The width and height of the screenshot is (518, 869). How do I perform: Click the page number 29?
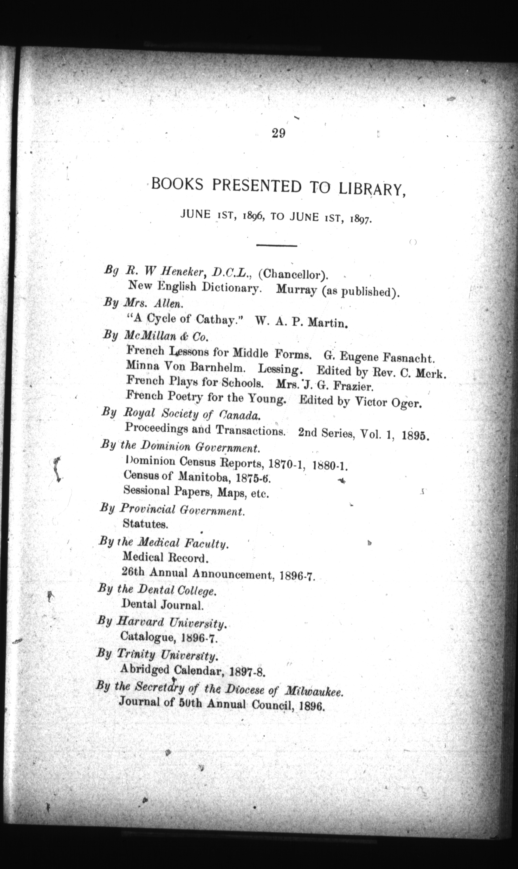click(279, 134)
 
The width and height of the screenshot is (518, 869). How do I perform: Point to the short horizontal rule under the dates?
click(276, 246)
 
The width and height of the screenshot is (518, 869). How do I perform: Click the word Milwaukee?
click(313, 690)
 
